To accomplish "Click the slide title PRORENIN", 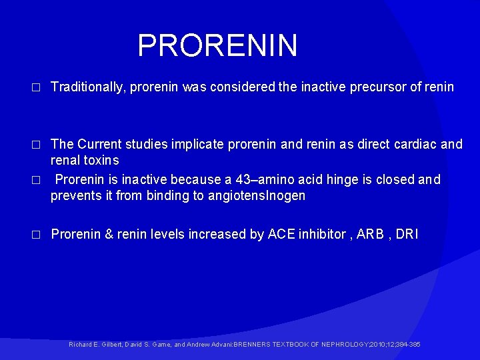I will click(x=217, y=46).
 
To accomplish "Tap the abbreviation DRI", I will click(x=407, y=234).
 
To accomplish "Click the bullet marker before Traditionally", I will click(x=37, y=87).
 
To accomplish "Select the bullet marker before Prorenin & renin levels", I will click(x=37, y=235).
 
